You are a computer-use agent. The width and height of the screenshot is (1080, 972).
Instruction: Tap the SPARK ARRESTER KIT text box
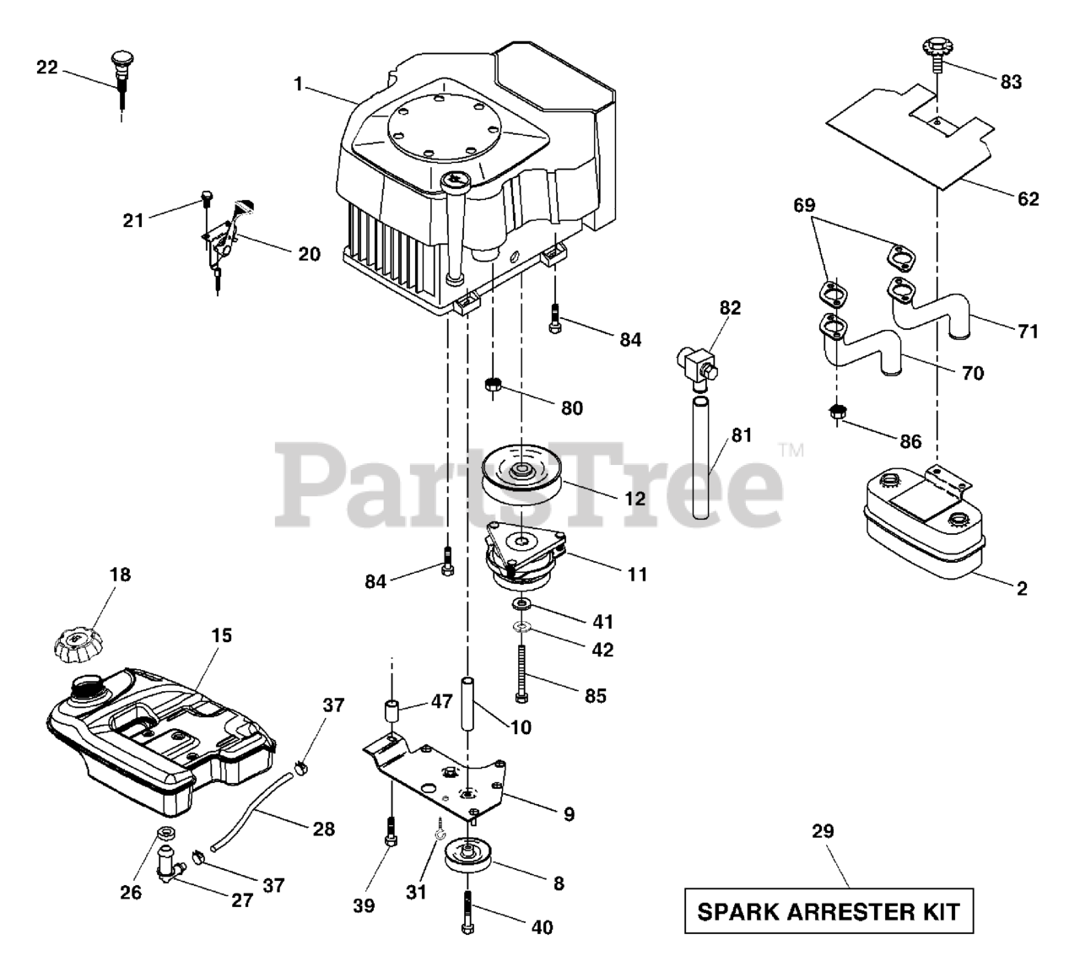coord(828,911)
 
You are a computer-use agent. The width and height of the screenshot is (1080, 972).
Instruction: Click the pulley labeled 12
coord(522,478)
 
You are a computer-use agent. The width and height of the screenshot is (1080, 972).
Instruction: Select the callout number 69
coord(805,206)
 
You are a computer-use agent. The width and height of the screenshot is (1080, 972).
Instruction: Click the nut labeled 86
coord(838,413)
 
